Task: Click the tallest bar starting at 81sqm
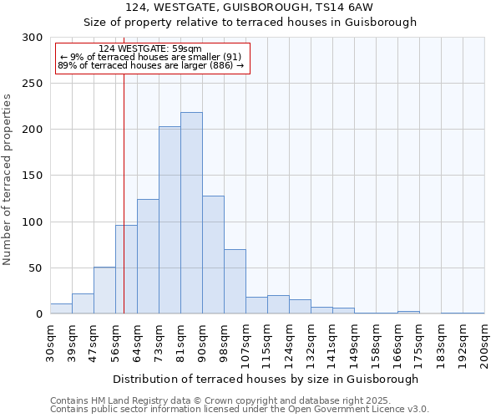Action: pos(191,213)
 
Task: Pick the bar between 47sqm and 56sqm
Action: pos(104,290)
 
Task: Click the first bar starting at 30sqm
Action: pos(61,308)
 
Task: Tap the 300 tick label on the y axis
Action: pos(33,38)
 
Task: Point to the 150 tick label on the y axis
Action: pos(33,176)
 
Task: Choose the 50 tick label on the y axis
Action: pos(36,268)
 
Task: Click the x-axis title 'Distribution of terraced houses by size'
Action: pos(266,379)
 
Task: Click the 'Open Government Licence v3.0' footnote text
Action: pos(360,409)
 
